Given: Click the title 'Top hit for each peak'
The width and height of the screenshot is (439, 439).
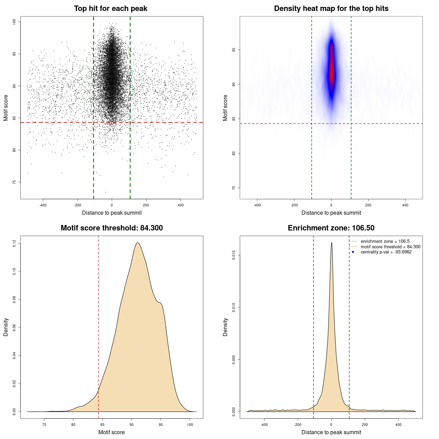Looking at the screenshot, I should pos(110,9).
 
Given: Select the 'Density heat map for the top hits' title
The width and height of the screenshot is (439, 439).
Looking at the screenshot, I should pos(331,9).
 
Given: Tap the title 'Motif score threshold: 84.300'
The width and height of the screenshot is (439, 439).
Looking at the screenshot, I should pos(111,228).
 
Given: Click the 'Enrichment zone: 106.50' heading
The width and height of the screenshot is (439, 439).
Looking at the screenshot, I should pos(331,228).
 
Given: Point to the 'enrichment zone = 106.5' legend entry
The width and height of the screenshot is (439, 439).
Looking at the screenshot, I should pos(385,241).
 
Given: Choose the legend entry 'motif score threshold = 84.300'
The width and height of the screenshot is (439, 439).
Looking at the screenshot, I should pos(390,247).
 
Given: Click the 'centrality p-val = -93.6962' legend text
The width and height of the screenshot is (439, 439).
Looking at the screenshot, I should pos(386,252).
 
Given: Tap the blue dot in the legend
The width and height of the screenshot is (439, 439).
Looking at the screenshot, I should pos(353,252).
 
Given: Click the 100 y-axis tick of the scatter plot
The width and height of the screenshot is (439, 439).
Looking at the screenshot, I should pos(14,22).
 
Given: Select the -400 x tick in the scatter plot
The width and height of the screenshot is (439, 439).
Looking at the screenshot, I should pos(43,205).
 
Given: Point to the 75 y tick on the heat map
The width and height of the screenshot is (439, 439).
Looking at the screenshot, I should pos(234,188).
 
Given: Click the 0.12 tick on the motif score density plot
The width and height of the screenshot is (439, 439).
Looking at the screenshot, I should pos(14,244).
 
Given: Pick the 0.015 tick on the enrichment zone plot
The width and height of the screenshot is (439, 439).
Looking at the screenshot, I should pos(234,255).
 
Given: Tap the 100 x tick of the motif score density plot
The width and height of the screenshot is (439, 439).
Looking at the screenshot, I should pos(190,425).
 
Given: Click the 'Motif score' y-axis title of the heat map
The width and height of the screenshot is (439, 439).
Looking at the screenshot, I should pos(225,108).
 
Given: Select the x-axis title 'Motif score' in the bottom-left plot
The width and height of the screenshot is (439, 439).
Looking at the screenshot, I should pos(111,432).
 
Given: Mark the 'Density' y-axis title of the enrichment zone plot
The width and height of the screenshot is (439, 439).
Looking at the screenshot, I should pos(225,327).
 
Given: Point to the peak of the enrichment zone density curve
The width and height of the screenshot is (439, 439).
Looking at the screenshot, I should pos(331,243).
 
